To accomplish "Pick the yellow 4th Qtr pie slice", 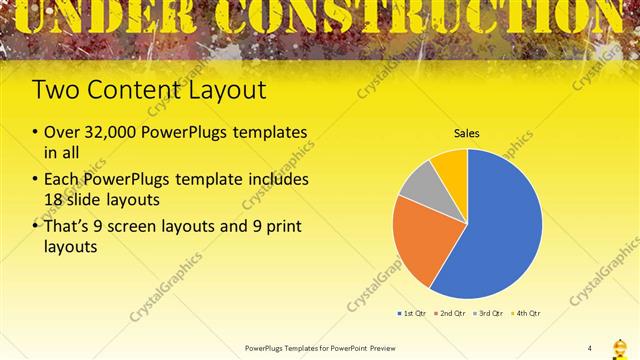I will [x=452, y=165].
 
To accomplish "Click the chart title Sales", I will [x=467, y=132].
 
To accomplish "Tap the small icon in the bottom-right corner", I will [x=620, y=347].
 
